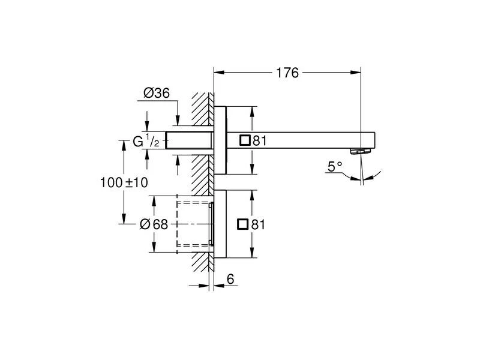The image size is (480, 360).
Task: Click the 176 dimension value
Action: [x=287, y=73]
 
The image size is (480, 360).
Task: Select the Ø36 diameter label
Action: [x=157, y=93]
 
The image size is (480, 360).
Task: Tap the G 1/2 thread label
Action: [x=146, y=142]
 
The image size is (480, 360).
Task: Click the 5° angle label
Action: [x=335, y=166]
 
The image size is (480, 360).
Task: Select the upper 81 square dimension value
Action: [x=259, y=141]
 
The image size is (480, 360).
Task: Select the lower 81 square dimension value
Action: [x=259, y=224]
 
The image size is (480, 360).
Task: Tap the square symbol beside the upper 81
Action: [x=244, y=140]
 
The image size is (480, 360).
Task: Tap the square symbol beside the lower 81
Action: [x=244, y=224]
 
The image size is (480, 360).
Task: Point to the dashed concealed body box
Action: [x=193, y=224]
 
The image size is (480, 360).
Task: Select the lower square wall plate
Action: [x=220, y=224]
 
